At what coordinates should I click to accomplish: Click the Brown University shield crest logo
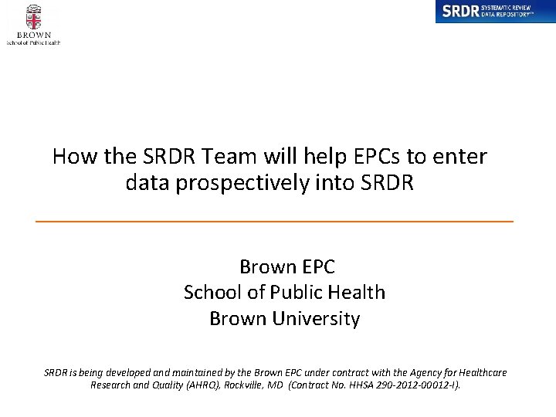(33, 16)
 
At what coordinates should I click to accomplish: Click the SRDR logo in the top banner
(494, 12)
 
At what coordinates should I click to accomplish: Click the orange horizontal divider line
(274, 222)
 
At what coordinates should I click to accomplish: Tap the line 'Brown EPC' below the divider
(286, 267)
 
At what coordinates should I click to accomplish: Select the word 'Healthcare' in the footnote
(480, 372)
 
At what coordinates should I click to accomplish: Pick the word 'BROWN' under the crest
(33, 35)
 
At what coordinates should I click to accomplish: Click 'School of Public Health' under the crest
(33, 42)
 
